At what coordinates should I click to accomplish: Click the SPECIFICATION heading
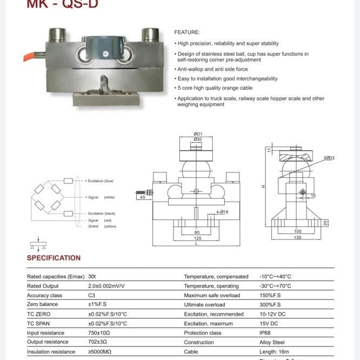point(54,258)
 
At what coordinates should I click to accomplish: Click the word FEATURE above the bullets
point(186,32)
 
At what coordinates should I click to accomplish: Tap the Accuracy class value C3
point(91,296)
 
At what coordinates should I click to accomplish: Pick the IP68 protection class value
point(265,333)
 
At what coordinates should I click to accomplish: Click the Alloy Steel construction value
point(272,342)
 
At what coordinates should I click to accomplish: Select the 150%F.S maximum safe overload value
point(270,296)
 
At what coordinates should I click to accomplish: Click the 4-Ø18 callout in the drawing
point(222,212)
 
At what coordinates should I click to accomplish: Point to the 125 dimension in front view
point(197,238)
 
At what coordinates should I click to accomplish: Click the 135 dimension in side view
point(297,237)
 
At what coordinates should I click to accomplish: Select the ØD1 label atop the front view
point(197,134)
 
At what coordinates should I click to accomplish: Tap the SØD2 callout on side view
point(329,158)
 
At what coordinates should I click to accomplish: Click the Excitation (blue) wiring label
point(102,181)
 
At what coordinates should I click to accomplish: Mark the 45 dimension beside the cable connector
point(143,197)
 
